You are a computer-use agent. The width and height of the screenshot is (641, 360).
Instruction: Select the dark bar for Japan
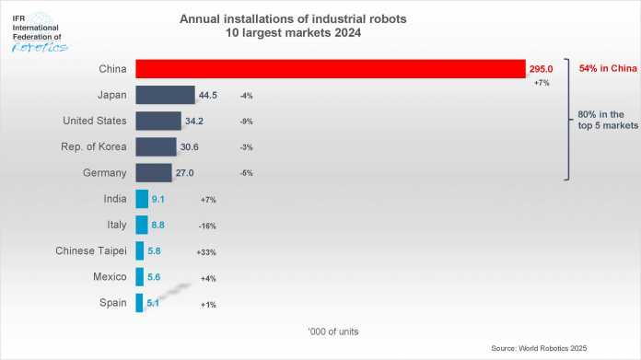tap(165, 95)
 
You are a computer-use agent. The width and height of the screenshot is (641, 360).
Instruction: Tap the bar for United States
tap(157, 121)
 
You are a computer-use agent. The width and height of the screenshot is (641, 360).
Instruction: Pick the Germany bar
tap(153, 172)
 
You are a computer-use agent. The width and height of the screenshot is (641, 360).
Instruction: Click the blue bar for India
tap(141, 198)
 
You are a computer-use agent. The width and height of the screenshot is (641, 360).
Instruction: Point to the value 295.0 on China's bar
tap(542, 69)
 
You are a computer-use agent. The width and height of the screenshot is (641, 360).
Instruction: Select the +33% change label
tap(208, 250)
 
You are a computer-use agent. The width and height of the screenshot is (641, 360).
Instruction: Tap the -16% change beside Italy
tap(208, 225)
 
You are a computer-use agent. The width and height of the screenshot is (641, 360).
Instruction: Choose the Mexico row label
tap(110, 275)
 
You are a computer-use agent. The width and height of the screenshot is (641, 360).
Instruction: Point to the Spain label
tap(113, 302)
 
